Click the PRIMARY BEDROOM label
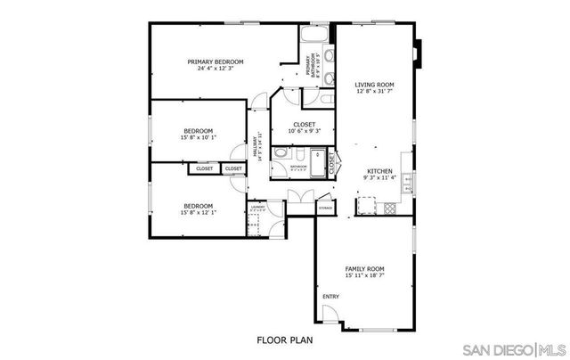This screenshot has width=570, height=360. (x=215, y=61)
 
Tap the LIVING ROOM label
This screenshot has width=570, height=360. (x=374, y=84)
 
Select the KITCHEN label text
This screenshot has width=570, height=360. (x=380, y=171)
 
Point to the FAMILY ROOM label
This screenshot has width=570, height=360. (x=364, y=268)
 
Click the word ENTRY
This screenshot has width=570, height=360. (x=330, y=297)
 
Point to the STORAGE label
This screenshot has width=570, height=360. (x=326, y=209)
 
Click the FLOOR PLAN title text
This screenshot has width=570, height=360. (x=284, y=340)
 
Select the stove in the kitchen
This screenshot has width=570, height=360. (x=389, y=209)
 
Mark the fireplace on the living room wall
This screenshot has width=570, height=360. (x=418, y=53)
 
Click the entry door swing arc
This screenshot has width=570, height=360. (x=329, y=315)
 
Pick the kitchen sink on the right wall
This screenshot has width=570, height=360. (x=407, y=184)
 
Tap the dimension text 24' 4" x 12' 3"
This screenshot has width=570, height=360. (x=215, y=69)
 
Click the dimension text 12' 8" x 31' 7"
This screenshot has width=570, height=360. (x=374, y=91)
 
